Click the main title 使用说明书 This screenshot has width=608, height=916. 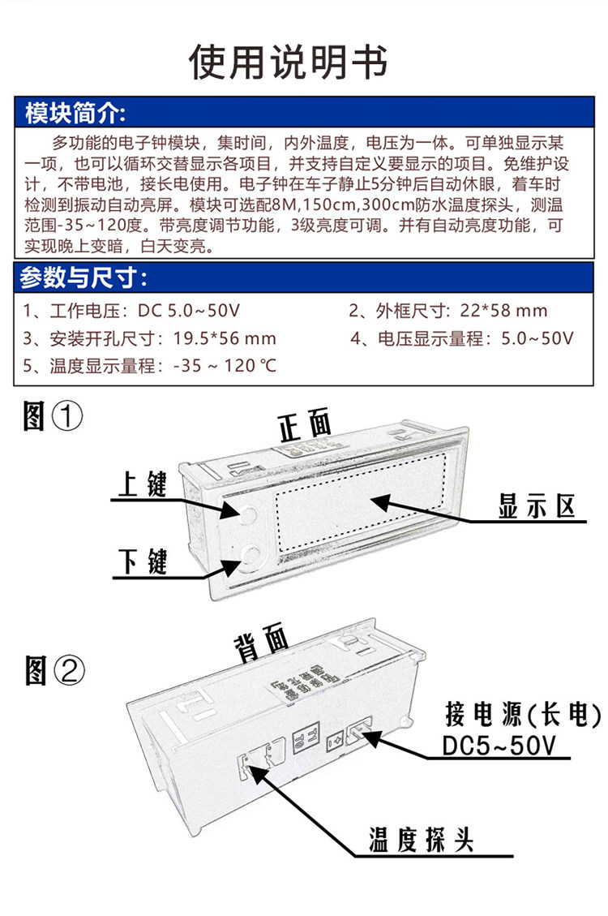(x=288, y=62)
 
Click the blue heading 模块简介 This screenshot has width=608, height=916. (x=75, y=112)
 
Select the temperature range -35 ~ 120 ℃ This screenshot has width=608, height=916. (x=225, y=366)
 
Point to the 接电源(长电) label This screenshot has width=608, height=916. (x=523, y=715)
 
